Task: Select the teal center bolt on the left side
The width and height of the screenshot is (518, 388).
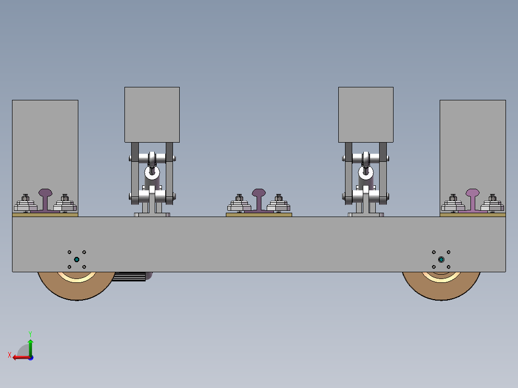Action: click(76, 259)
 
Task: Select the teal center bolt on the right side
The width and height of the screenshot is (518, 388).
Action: click(441, 260)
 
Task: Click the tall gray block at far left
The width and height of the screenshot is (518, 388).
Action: click(45, 144)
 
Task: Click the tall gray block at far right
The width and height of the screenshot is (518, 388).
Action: click(472, 144)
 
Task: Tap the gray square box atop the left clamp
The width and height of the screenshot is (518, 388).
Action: click(152, 114)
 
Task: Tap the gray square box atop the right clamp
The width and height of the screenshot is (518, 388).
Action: click(366, 114)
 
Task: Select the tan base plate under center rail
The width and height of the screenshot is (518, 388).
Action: click(259, 215)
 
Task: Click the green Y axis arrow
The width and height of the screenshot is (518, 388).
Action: click(30, 344)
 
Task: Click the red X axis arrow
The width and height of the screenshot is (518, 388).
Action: click(18, 357)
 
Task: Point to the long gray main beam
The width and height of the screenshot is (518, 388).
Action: click(259, 244)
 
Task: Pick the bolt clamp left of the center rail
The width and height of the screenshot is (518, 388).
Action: click(239, 204)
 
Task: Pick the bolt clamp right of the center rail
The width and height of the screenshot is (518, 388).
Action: click(278, 204)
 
